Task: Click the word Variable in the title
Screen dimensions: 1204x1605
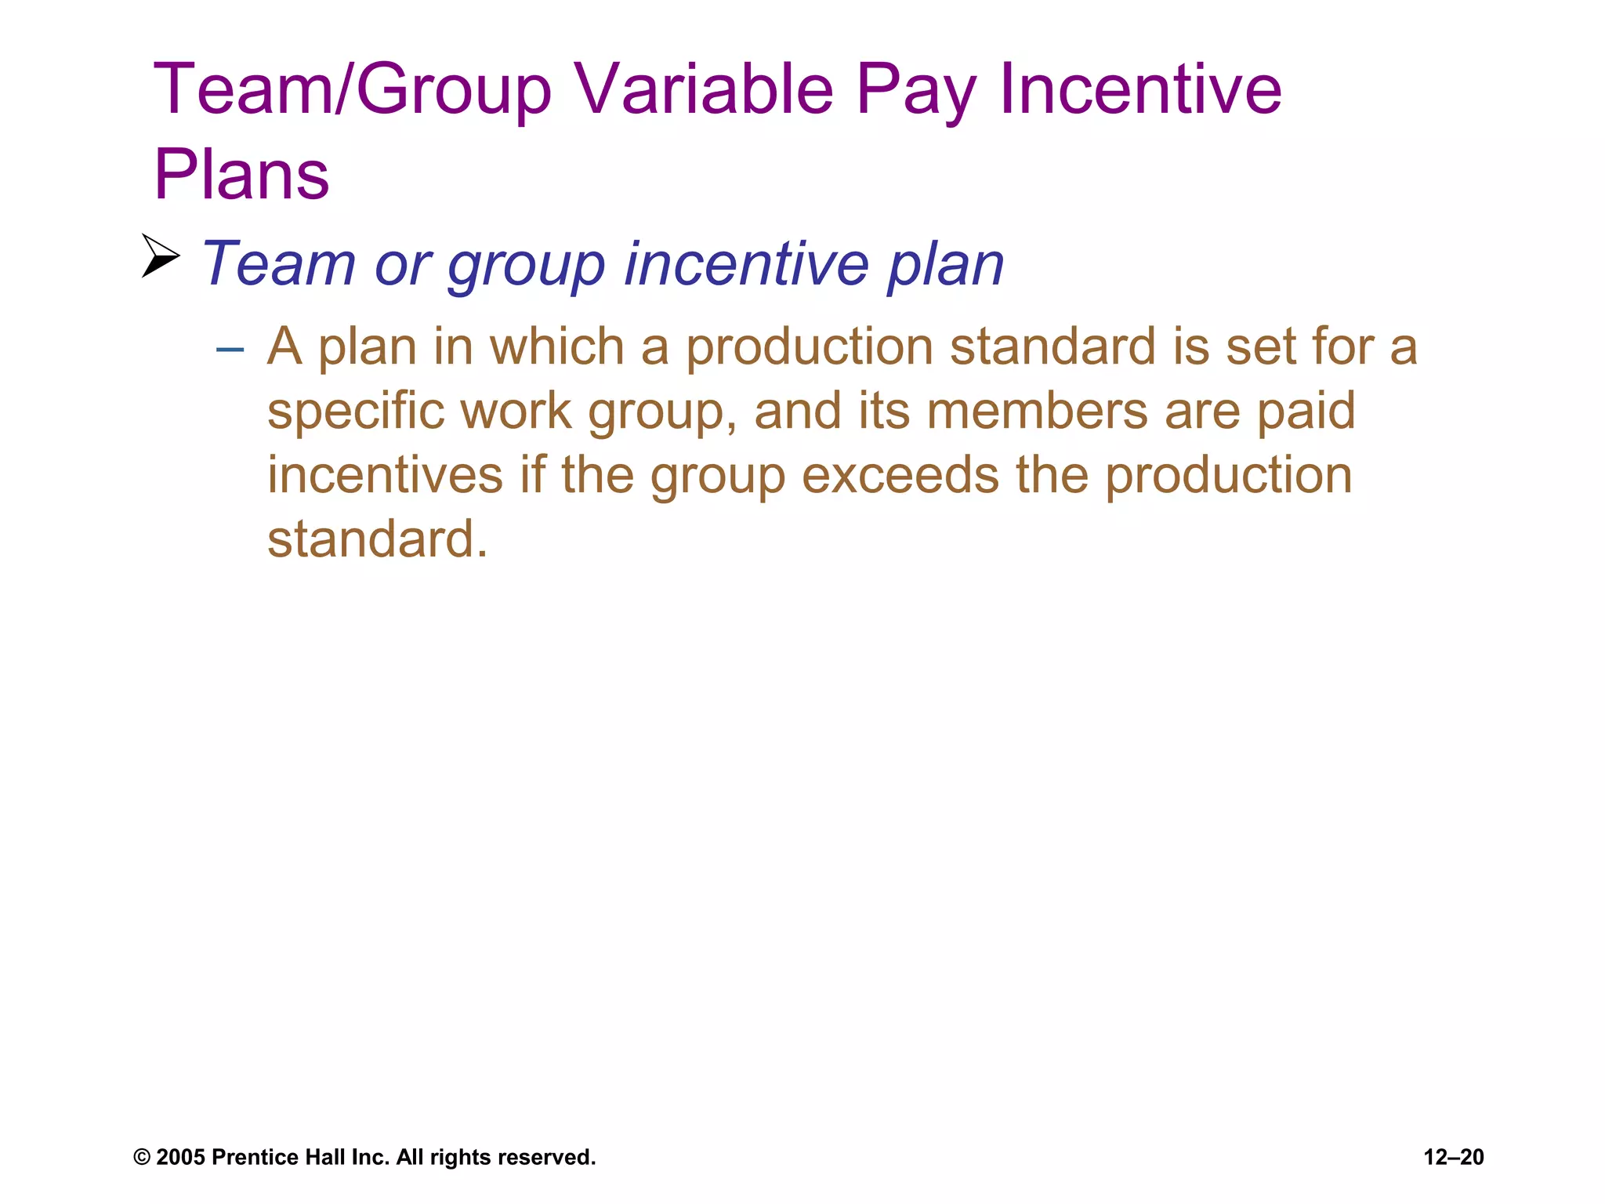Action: (x=704, y=89)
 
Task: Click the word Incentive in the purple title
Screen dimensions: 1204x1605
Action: (x=1140, y=89)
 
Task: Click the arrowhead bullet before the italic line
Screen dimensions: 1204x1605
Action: (x=161, y=256)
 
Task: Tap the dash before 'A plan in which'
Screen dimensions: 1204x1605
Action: (x=230, y=347)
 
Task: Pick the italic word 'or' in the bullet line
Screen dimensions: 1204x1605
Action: (x=403, y=264)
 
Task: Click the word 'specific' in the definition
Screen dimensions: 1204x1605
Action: (x=354, y=412)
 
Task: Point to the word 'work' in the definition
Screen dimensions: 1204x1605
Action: (x=516, y=412)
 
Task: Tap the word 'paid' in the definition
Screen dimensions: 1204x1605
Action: (x=1306, y=412)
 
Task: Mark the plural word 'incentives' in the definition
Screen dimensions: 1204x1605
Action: (x=385, y=476)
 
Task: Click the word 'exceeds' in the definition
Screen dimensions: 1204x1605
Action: (x=900, y=476)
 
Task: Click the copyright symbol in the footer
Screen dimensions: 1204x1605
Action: (x=142, y=1158)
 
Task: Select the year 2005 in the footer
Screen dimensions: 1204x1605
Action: (x=180, y=1158)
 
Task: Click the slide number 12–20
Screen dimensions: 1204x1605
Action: (x=1453, y=1158)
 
